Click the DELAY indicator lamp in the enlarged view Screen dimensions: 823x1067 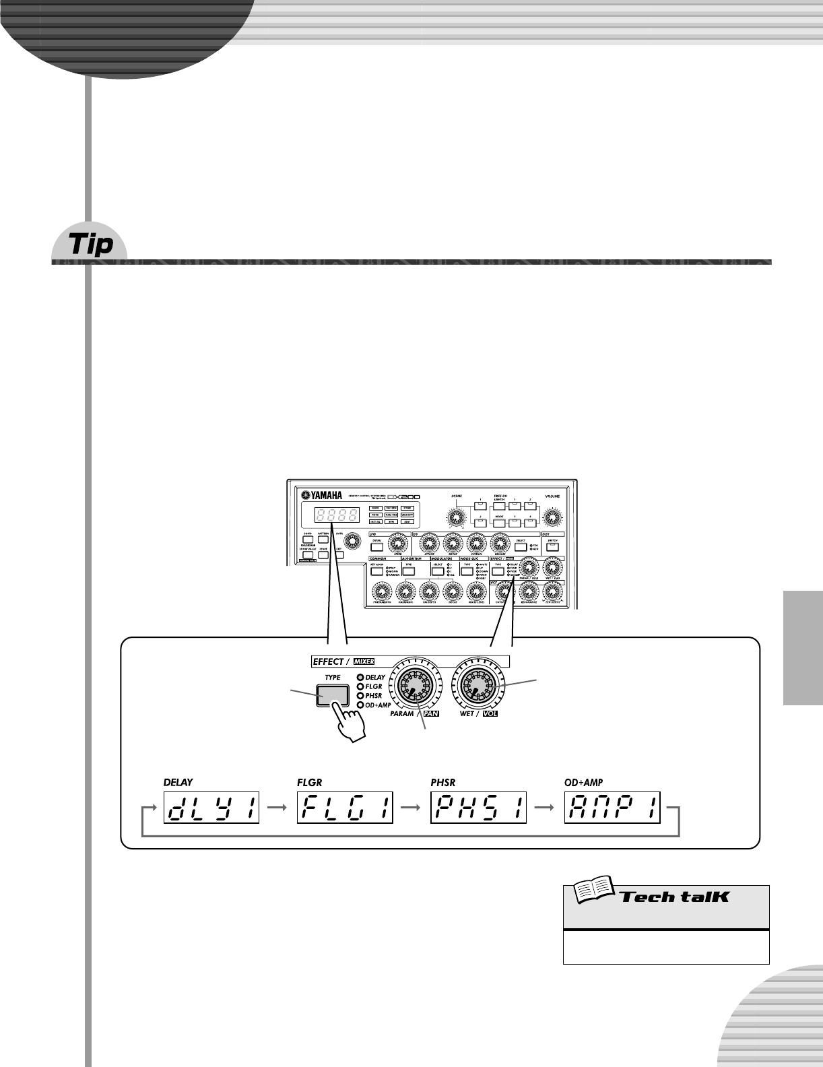coord(360,678)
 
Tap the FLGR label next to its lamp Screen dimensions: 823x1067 coord(374,686)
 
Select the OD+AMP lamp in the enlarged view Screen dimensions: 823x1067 coord(360,705)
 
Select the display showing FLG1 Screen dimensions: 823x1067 coord(345,807)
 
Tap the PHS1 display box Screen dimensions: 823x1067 coord(478,807)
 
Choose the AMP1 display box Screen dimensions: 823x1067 coord(612,807)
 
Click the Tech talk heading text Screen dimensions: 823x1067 coord(674,896)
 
